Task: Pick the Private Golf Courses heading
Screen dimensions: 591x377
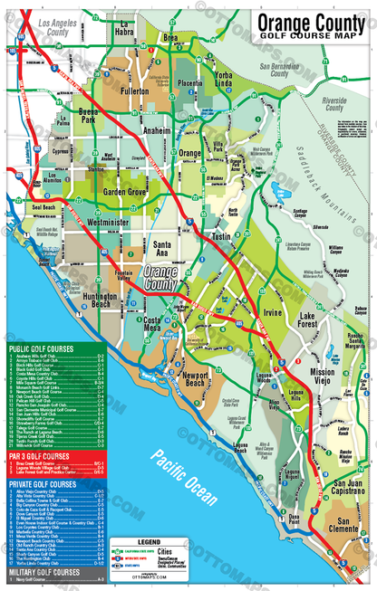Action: tap(43, 483)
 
